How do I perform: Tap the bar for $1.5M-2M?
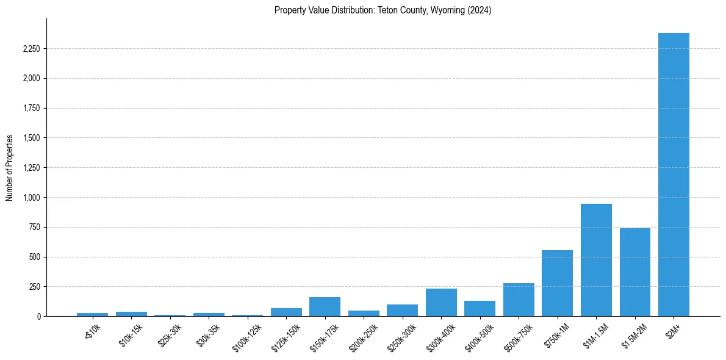pyautogui.click(x=635, y=272)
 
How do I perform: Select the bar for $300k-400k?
pyautogui.click(x=441, y=303)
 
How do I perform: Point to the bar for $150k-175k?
pyautogui.click(x=325, y=307)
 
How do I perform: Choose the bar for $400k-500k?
pyautogui.click(x=480, y=309)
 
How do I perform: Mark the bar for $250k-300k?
pyautogui.click(x=402, y=311)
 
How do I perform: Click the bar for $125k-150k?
pyautogui.click(x=286, y=312)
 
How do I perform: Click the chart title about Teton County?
pyautogui.click(x=383, y=10)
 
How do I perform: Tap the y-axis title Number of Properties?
pyautogui.click(x=10, y=167)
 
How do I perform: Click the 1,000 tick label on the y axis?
pyautogui.click(x=31, y=198)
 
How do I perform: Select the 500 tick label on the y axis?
pyautogui.click(x=35, y=257)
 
